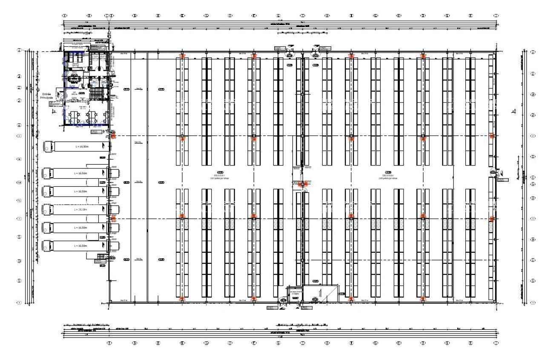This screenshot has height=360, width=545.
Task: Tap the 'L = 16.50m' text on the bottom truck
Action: tap(80, 246)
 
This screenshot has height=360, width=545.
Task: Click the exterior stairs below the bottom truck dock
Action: tap(101, 257)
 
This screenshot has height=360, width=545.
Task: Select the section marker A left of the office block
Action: tap(54, 111)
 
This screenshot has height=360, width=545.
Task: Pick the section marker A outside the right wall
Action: tap(514, 111)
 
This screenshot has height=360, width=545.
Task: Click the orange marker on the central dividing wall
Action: tap(303, 184)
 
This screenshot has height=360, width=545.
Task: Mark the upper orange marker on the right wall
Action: tap(492, 136)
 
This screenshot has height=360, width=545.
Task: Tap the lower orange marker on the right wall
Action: tap(492, 219)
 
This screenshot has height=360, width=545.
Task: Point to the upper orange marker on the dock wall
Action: tap(113, 136)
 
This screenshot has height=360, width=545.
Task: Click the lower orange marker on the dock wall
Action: tap(113, 218)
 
